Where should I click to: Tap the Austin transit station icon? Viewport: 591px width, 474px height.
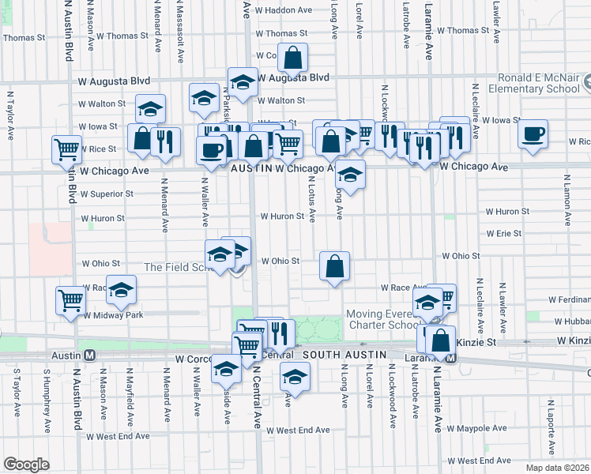90,355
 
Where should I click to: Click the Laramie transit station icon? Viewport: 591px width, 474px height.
450,357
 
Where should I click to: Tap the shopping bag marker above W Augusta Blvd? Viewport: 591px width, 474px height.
292,58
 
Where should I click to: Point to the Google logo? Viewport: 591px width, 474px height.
26,465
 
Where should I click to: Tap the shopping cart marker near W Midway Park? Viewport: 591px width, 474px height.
70,300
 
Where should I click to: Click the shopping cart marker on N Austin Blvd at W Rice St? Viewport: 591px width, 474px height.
67,149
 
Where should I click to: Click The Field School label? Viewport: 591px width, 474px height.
177,267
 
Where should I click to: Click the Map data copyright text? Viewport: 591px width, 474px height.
557,467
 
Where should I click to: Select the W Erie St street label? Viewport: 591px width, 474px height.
503,234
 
